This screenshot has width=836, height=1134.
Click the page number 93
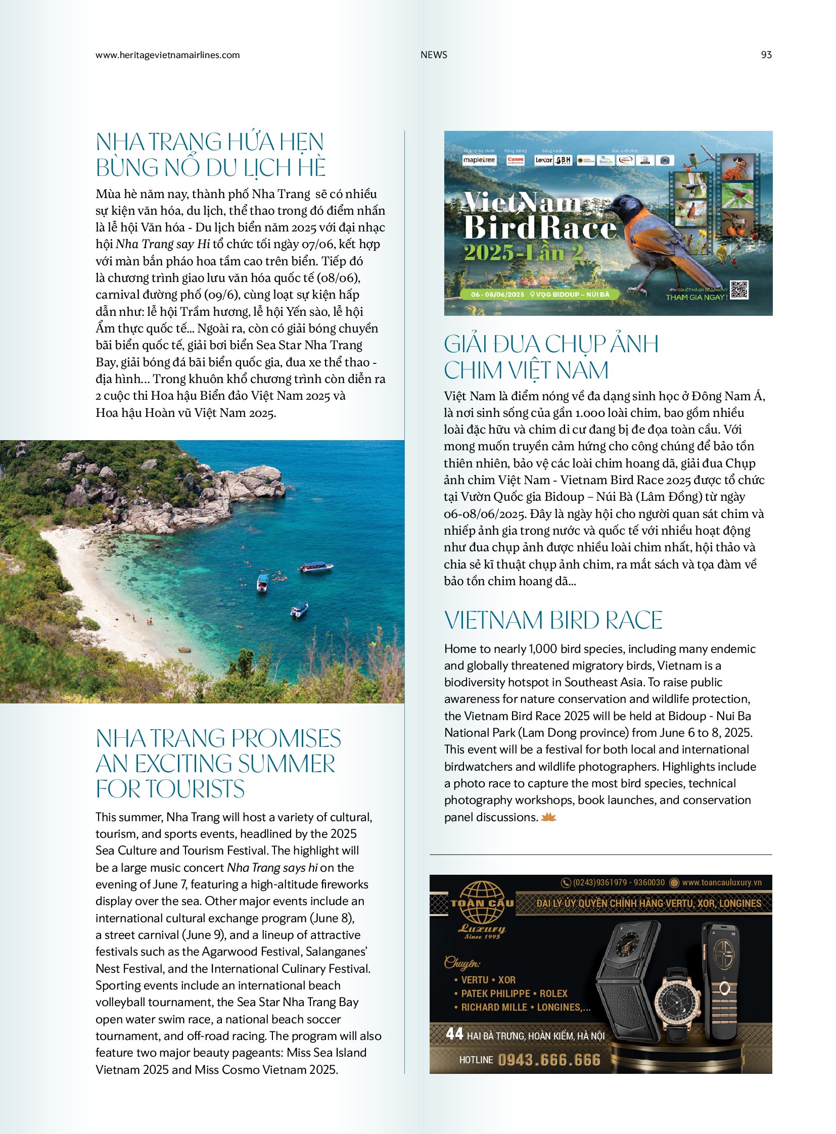[x=766, y=55]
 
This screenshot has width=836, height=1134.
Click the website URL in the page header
[x=167, y=55]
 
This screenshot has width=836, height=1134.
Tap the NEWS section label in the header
[x=434, y=55]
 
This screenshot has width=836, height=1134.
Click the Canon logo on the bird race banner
[x=515, y=160]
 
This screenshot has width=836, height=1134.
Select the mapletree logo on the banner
[x=479, y=160]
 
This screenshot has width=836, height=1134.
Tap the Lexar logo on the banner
[x=543, y=160]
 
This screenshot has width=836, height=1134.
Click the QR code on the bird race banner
[x=739, y=290]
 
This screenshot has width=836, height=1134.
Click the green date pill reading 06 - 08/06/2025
[x=497, y=294]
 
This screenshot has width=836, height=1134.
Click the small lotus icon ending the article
[x=548, y=817]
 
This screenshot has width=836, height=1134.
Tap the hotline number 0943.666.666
[x=548, y=1060]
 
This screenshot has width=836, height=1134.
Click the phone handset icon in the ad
[x=565, y=882]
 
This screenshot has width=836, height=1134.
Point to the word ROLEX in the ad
[x=553, y=994]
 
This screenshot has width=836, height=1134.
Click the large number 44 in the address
[x=454, y=1033]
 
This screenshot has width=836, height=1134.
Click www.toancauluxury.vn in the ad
[x=721, y=882]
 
